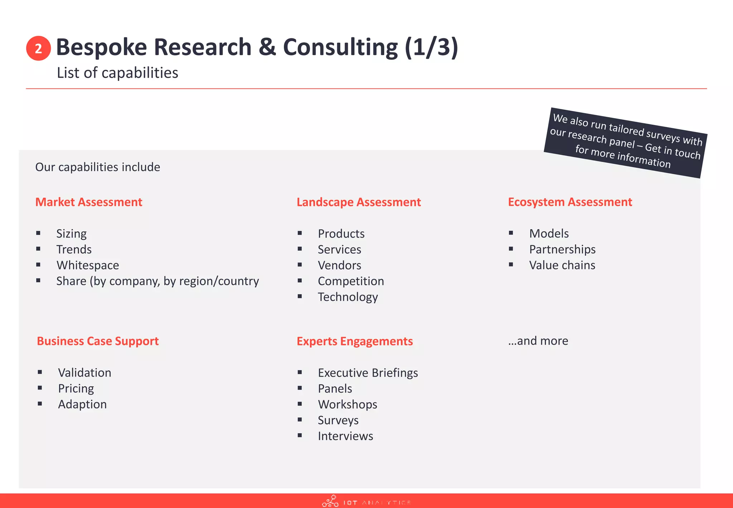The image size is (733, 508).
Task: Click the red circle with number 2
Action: [38, 48]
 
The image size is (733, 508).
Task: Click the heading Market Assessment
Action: [89, 202]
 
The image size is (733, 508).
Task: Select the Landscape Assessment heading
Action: [359, 202]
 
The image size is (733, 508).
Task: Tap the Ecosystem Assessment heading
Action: [570, 202]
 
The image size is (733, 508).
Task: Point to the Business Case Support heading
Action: [98, 341]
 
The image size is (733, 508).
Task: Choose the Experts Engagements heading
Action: [355, 341]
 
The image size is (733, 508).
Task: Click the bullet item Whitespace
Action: [88, 265]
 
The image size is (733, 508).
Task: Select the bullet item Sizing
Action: [71, 234]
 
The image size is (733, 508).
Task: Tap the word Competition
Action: [351, 281]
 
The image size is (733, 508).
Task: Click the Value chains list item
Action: [562, 265]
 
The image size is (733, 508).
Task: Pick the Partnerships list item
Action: [562, 249]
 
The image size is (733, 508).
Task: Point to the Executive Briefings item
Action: [368, 373]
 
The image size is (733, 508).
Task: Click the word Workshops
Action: [348, 404]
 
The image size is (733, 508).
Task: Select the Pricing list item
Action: [76, 389]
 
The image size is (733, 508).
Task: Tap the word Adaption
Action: [82, 404]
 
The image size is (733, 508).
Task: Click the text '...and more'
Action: [538, 341]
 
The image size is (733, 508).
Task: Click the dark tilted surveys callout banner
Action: [625, 143]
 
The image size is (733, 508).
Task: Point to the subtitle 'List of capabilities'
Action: [117, 73]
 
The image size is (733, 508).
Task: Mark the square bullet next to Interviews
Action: [300, 436]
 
